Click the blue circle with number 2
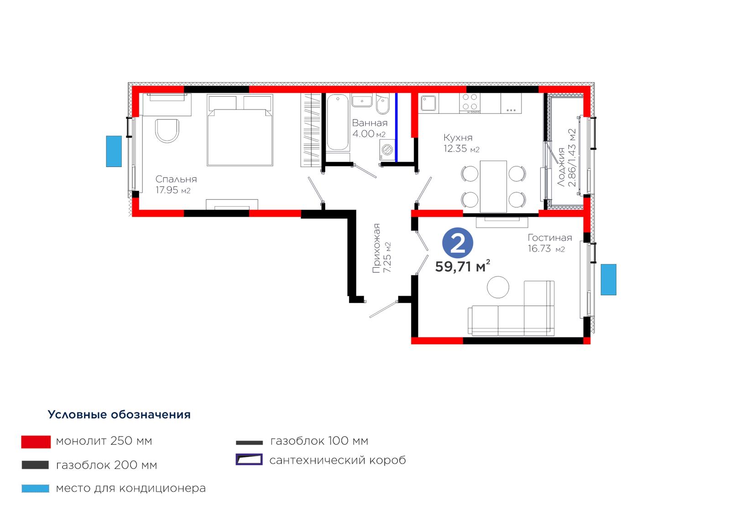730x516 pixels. pos(458,243)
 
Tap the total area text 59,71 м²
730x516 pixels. pos(463,266)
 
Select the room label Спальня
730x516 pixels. pos(176,179)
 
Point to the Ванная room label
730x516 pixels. pos(370,123)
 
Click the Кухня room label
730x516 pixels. pos(458,138)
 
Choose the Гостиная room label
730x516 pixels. pos(550,238)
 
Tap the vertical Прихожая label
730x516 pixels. pos(377,248)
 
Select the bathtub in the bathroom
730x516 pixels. pos(338,123)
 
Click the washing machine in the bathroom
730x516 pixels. pos(387,150)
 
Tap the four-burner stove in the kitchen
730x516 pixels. pos(469,103)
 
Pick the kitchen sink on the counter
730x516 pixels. pos(428,103)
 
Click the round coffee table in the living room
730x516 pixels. pos(498,287)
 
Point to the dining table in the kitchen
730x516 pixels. pos(493,187)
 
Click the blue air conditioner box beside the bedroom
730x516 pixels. pos(114,151)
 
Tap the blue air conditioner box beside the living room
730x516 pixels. pos(609,279)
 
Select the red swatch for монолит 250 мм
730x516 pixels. pos(36,442)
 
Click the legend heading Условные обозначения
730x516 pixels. pos(119,414)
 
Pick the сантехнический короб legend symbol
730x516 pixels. pos(249,459)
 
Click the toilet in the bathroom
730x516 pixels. pos(383,104)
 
